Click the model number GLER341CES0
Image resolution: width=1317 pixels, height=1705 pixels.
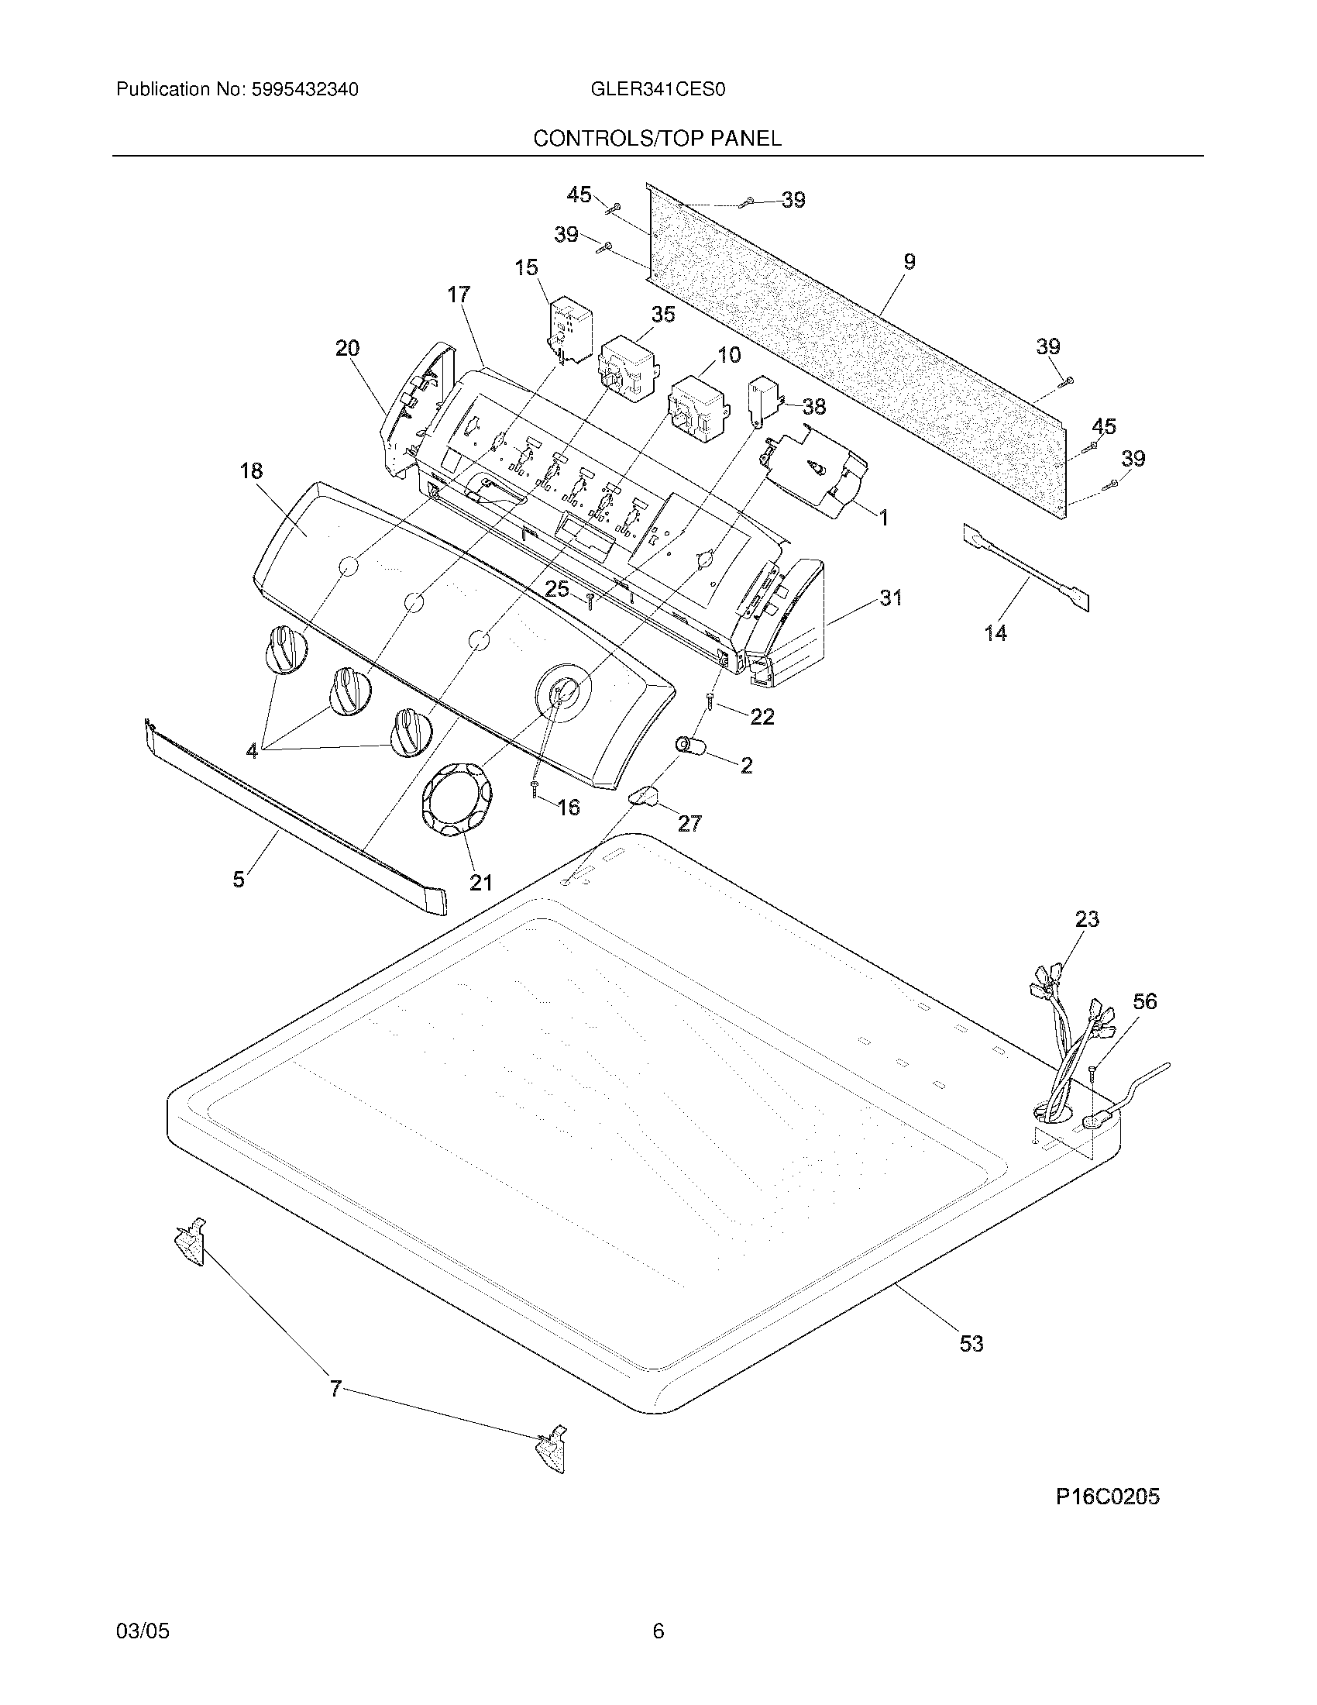pyautogui.click(x=658, y=90)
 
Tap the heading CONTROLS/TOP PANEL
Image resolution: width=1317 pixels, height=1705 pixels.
pyautogui.click(x=657, y=139)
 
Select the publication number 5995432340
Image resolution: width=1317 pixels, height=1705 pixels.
pyautogui.click(x=304, y=90)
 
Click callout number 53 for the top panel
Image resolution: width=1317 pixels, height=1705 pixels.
pyautogui.click(x=971, y=1345)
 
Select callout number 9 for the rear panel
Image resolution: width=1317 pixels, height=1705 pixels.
pyautogui.click(x=909, y=262)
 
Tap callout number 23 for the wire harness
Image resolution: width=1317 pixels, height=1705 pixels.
pyautogui.click(x=1086, y=920)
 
